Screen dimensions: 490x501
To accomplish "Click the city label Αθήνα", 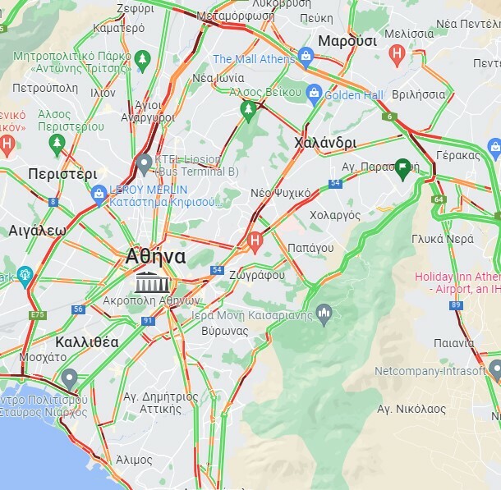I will coord(155,256).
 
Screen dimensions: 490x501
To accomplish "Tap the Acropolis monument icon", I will coord(154,282).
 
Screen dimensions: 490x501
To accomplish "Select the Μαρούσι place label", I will coord(347,41).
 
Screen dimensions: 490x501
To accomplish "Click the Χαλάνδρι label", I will coord(324,143).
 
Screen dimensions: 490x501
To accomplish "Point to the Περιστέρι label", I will coord(62,174).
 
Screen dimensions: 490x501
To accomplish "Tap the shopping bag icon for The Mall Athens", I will coord(306,57).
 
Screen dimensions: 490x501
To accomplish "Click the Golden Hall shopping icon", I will coord(313,94).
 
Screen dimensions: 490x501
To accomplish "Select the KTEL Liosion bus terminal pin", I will coord(144,163).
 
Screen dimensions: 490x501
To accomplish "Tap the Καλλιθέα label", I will coord(87,341).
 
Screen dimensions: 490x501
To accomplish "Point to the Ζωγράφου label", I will coord(257,275).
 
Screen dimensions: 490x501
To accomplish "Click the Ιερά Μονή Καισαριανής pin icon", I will coord(324,312).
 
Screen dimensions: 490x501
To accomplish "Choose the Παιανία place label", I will coord(454,342).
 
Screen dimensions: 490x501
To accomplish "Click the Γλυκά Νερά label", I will coord(443,239).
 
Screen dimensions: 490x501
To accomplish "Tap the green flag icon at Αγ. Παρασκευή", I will coord(402,168).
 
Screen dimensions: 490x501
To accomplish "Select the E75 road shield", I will coord(38,315).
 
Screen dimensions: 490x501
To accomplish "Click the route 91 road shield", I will coord(148,321).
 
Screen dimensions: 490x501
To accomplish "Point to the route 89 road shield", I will coord(456,305).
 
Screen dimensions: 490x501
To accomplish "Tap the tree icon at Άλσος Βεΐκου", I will coord(247,108).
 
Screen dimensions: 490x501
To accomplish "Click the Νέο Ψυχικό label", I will coord(280,193).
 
